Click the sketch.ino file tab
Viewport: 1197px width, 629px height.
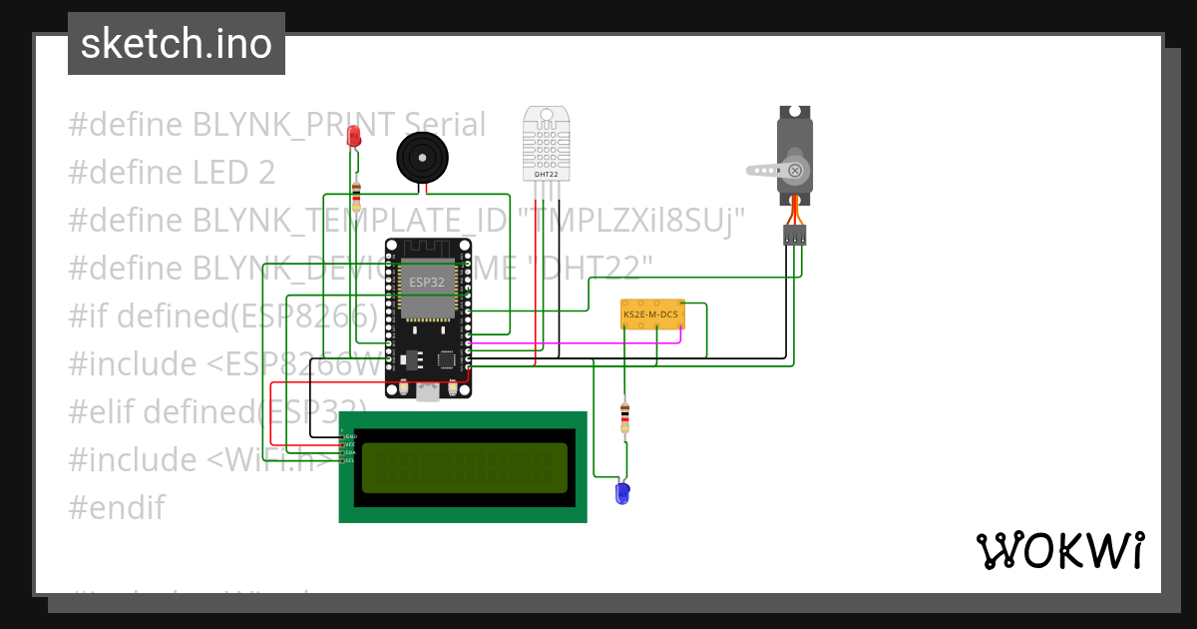coord(177,44)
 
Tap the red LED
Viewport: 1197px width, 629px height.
coord(353,137)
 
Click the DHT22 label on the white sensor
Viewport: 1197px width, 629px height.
coord(546,175)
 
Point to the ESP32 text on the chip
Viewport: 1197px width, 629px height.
coord(426,283)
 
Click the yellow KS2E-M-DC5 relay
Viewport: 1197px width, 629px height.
coord(651,314)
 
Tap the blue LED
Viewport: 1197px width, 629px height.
coord(623,492)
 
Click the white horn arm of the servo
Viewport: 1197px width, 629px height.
coord(768,171)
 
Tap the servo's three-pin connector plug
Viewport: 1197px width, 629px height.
coord(794,236)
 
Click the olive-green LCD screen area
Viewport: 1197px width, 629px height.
coord(464,468)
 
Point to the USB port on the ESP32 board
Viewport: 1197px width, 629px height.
coord(428,393)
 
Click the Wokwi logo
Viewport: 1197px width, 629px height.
coord(1059,550)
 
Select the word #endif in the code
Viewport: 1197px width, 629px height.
coord(116,507)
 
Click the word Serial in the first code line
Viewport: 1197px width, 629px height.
coord(440,125)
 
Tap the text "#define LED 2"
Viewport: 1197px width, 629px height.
coord(172,173)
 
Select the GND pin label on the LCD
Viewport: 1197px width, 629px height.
coord(350,437)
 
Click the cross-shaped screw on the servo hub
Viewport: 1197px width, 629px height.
coord(795,170)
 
